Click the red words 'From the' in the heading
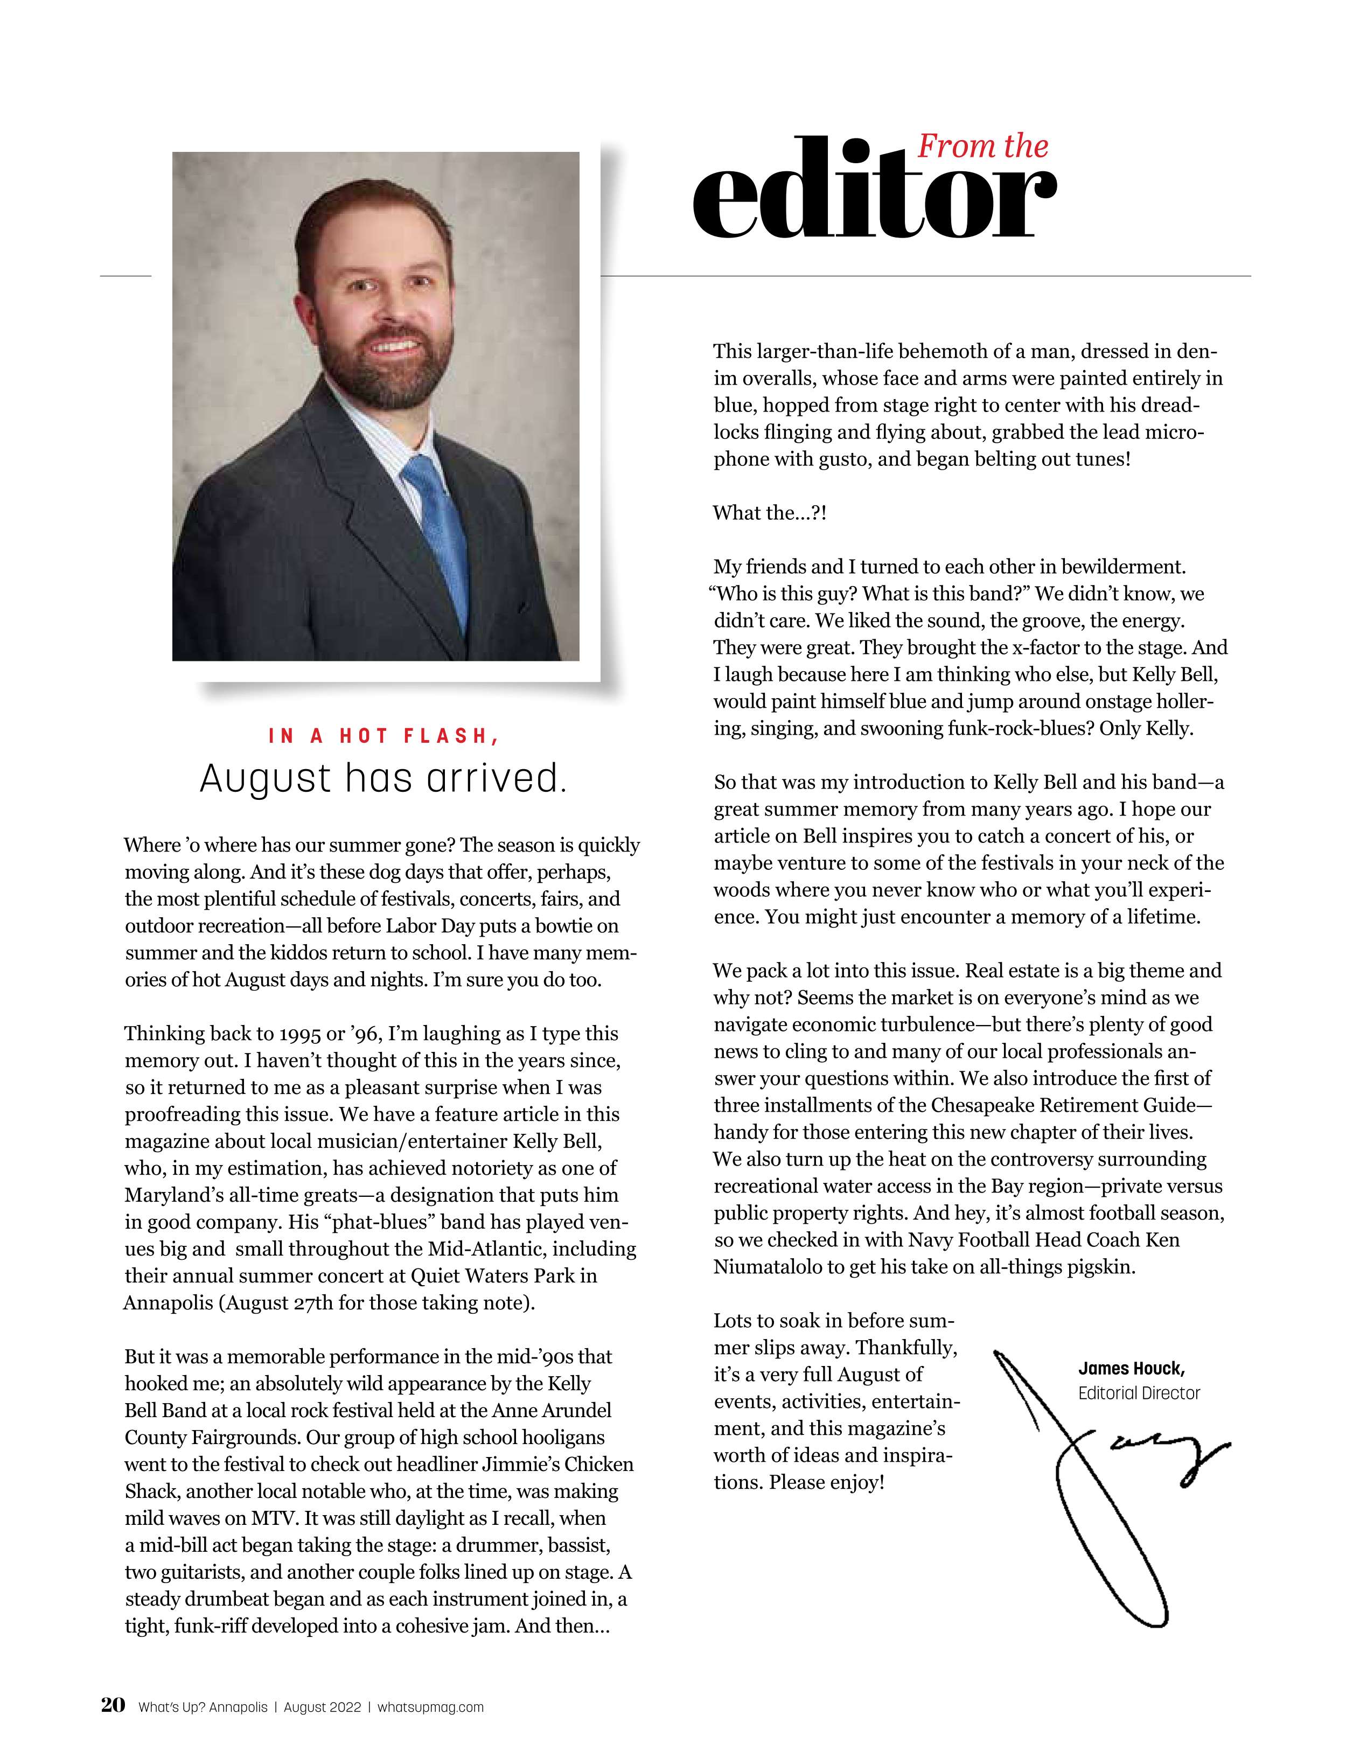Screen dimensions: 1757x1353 click(982, 147)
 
